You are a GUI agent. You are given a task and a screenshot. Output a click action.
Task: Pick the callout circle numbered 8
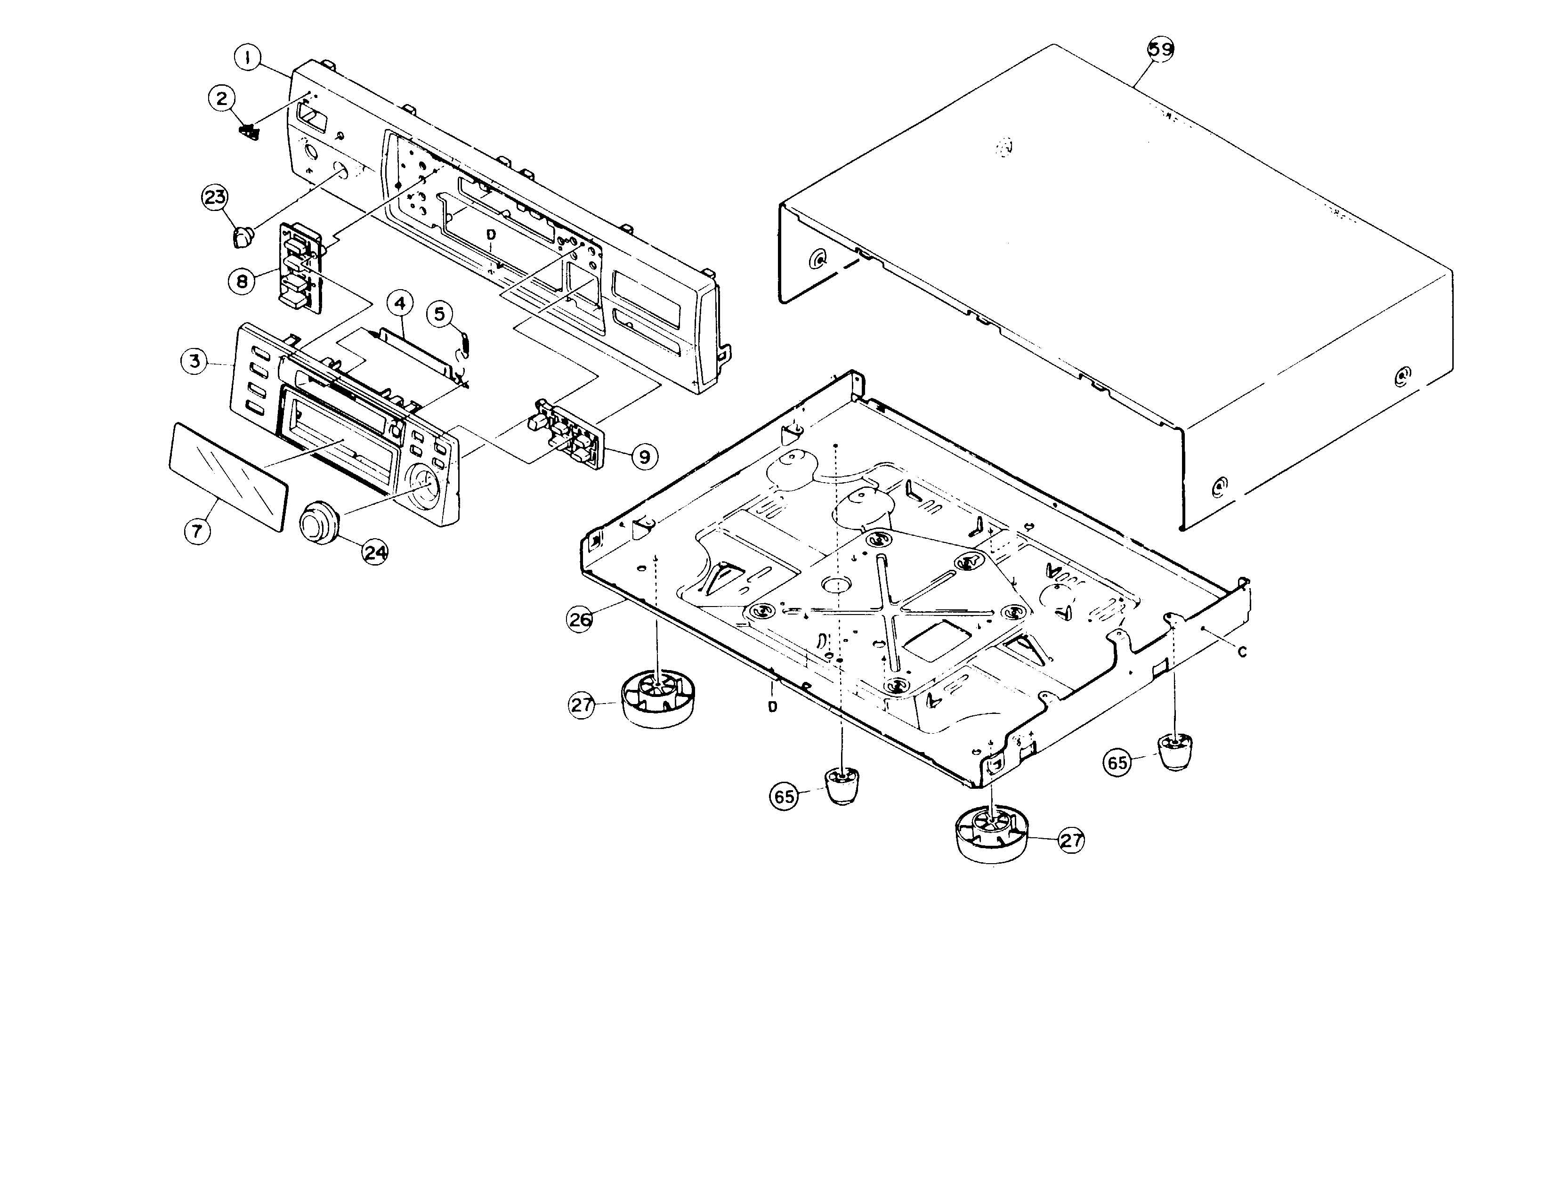pos(242,281)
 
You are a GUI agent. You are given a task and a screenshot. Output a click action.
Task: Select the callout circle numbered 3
pos(194,361)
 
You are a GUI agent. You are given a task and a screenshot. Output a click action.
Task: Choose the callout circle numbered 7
pos(197,530)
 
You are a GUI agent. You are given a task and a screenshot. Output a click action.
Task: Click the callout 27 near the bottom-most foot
pos(1071,840)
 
